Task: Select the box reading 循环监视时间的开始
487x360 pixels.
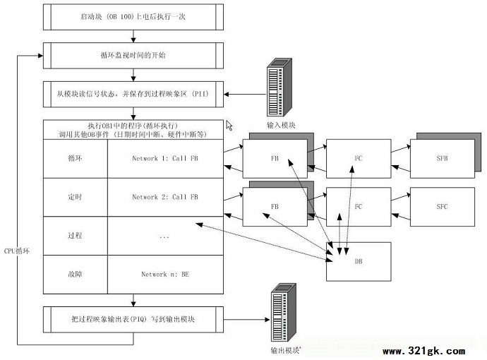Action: (133, 54)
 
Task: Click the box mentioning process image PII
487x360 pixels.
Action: (133, 92)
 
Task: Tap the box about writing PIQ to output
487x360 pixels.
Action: (133, 319)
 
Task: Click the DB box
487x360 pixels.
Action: (358, 261)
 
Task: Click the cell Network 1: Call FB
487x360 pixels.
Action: (165, 159)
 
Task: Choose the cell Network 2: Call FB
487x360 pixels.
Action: (165, 198)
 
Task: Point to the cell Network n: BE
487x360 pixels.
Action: (165, 275)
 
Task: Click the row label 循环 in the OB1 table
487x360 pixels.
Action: (75, 159)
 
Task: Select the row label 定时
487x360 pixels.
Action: (75, 198)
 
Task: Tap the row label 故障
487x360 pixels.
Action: (75, 275)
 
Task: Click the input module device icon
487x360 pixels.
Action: (279, 88)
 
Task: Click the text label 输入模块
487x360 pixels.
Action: (280, 126)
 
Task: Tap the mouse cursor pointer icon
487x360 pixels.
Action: (229, 125)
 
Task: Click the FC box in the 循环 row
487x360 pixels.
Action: (358, 158)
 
